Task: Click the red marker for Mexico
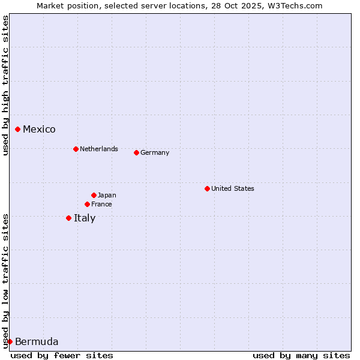pyautogui.click(x=18, y=129)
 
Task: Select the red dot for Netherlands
pyautogui.click(x=76, y=149)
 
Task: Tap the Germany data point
pyautogui.click(x=136, y=152)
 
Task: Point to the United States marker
pyautogui.click(x=207, y=188)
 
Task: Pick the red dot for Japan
pyautogui.click(x=94, y=195)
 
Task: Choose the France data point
pyautogui.click(x=87, y=204)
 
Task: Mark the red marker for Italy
pyautogui.click(x=68, y=218)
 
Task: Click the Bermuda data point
pyautogui.click(x=10, y=341)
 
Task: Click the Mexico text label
pyautogui.click(x=39, y=129)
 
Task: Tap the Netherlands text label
pyautogui.click(x=98, y=149)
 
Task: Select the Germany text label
pyautogui.click(x=155, y=152)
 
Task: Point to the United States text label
pyautogui.click(x=232, y=188)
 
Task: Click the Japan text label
pyautogui.click(x=107, y=195)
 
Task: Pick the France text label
pyautogui.click(x=101, y=204)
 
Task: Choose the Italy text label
pyautogui.click(x=85, y=218)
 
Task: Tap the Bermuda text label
pyautogui.click(x=37, y=342)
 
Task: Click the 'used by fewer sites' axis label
pyautogui.click(x=62, y=355)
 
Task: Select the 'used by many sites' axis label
pyautogui.click(x=301, y=355)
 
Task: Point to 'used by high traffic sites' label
pyautogui.click(x=5, y=85)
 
